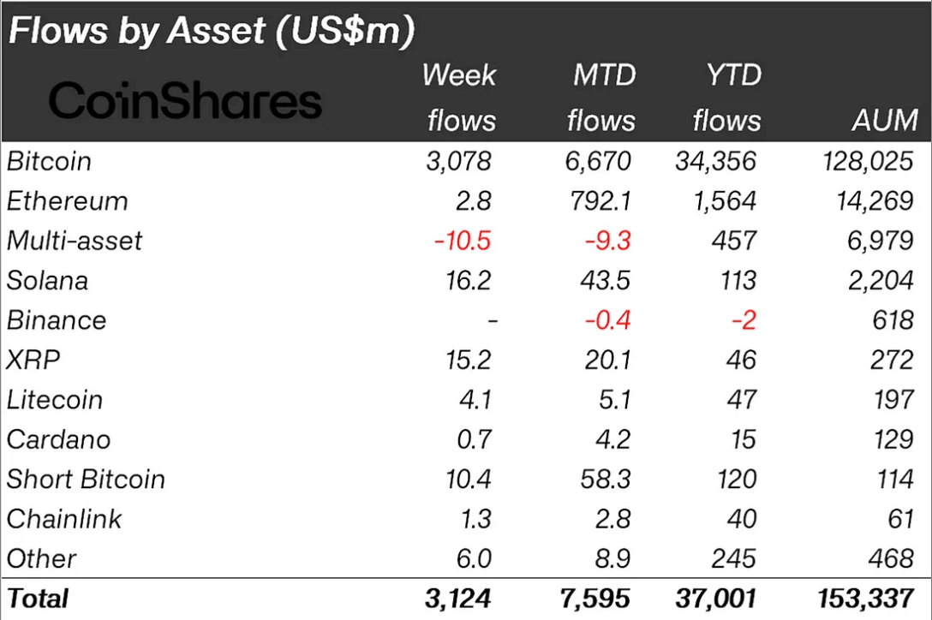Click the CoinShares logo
coord(185,101)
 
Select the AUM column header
coord(885,120)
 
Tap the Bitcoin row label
coord(49,161)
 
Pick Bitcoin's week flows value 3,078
coord(459,161)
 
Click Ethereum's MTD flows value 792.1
coord(600,201)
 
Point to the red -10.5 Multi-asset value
coord(463,241)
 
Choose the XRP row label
coord(33,360)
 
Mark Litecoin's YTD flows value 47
coord(740,400)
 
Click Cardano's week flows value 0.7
coord(475,439)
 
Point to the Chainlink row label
coord(64,519)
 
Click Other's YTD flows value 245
coord(733,558)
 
